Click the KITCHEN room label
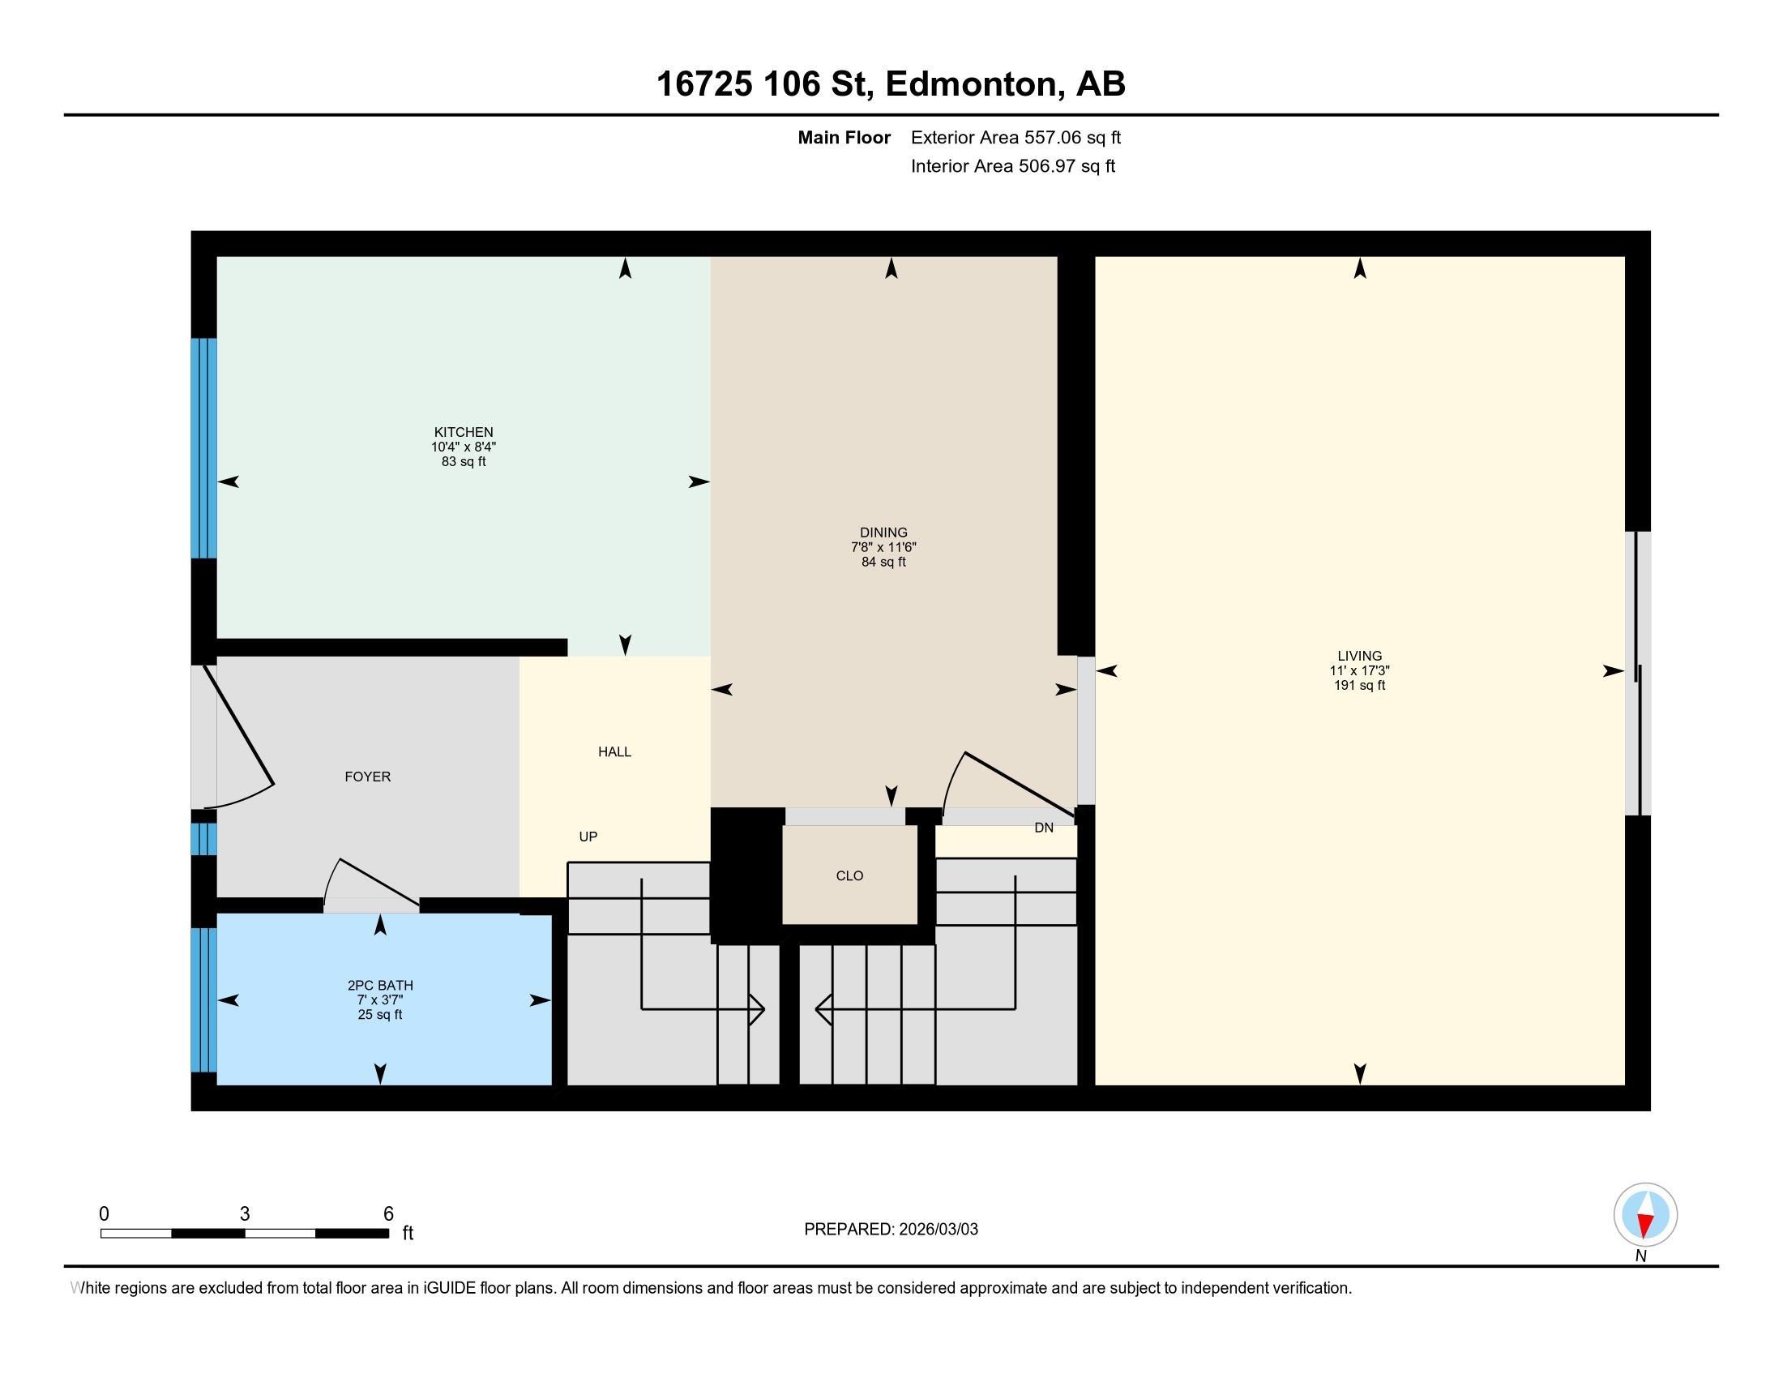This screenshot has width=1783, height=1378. [463, 432]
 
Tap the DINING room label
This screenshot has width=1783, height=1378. [883, 533]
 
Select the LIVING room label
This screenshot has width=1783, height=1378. [1359, 656]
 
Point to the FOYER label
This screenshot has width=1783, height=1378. [367, 777]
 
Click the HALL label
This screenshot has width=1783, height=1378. [615, 752]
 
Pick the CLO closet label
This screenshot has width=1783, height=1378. [850, 876]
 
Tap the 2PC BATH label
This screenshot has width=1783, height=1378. [380, 986]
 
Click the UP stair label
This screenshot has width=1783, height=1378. [588, 837]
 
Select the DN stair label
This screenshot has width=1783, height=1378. [1043, 828]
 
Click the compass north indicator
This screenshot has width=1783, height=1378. [1645, 1215]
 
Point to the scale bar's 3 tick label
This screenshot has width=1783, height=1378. [244, 1214]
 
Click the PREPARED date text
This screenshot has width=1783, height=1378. [891, 1230]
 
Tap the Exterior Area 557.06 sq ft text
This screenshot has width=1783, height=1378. [1015, 138]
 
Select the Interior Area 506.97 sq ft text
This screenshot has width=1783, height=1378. [1013, 166]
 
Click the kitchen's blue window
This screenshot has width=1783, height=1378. [204, 448]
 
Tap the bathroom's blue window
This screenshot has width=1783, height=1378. [204, 999]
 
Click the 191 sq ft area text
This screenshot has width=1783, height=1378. [1359, 686]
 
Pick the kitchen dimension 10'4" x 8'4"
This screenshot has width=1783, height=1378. [464, 447]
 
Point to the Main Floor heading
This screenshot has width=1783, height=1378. [844, 138]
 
